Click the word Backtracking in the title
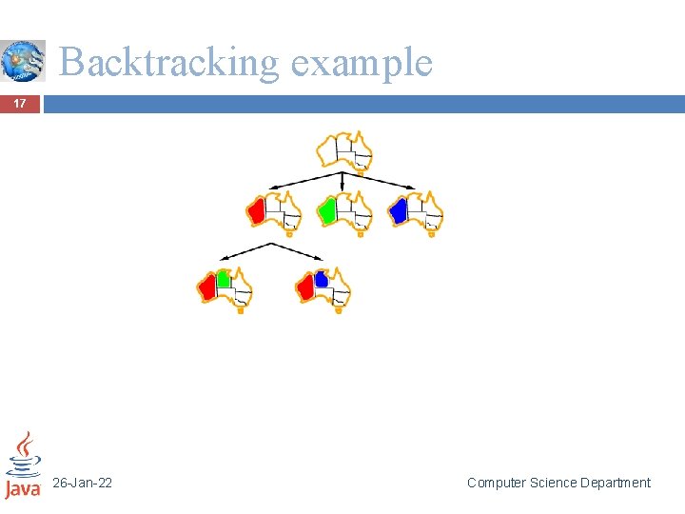pyautogui.click(x=169, y=63)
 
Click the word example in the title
pyautogui.click(x=362, y=63)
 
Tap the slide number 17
pyautogui.click(x=21, y=104)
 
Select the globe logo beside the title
pyautogui.click(x=23, y=61)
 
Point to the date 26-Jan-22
pyautogui.click(x=82, y=484)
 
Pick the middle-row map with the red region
pyautogui.click(x=273, y=211)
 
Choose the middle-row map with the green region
pyautogui.click(x=344, y=211)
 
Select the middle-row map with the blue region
pyautogui.click(x=416, y=211)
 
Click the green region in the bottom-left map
pyautogui.click(x=224, y=279)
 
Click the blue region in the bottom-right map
pyautogui.click(x=322, y=279)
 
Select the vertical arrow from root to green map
pyautogui.click(x=342, y=183)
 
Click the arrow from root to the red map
pyautogui.click(x=304, y=181)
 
